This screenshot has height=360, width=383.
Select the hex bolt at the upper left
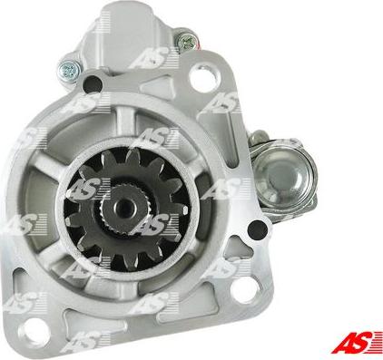pyautogui.click(x=69, y=66)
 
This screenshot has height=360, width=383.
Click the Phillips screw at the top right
pyautogui.click(x=187, y=41)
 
